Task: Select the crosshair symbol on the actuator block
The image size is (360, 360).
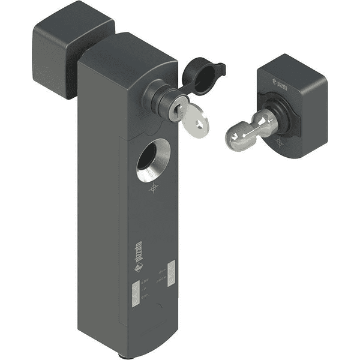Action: [x=281, y=142]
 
